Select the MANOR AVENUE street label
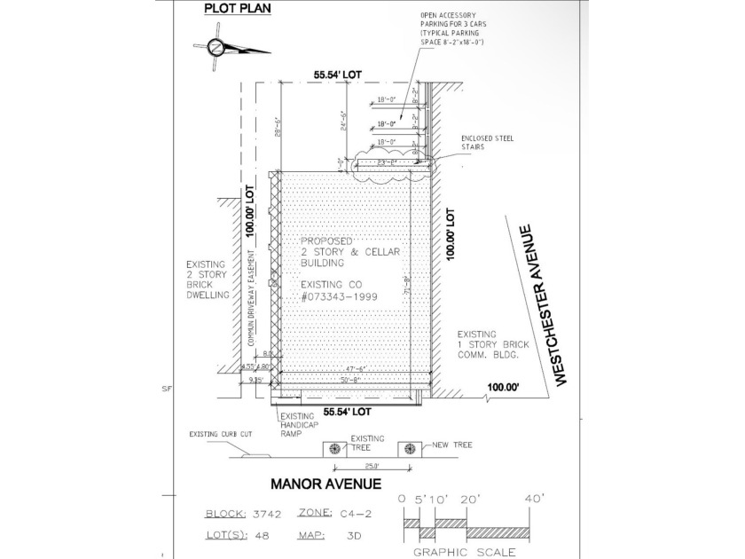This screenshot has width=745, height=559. coord(325,484)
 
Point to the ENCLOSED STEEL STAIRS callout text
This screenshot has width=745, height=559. coord(487,144)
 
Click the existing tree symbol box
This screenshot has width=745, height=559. coord(334,448)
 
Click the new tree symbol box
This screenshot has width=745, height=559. coord(409,448)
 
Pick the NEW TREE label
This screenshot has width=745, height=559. coord(453,443)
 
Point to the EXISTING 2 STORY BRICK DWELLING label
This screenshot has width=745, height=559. coord(208,279)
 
